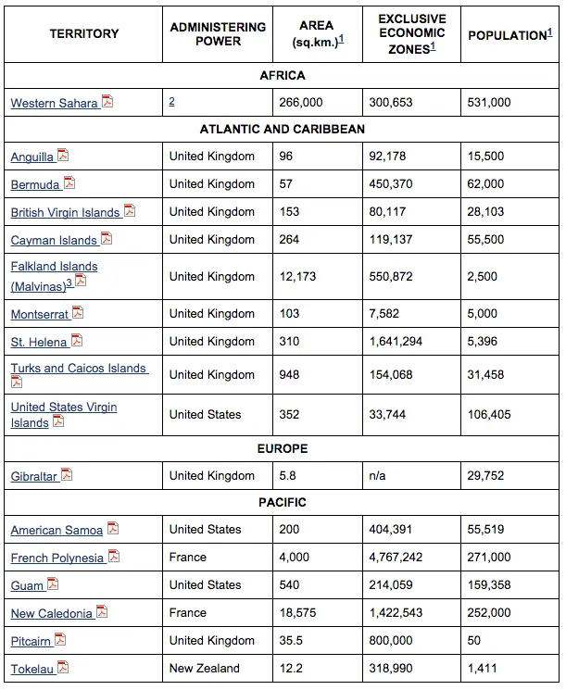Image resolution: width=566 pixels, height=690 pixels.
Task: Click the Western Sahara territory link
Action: (x=54, y=104)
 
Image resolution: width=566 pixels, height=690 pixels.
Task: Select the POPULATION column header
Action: (x=509, y=35)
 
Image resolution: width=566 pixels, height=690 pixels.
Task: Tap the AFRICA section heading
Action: (x=282, y=75)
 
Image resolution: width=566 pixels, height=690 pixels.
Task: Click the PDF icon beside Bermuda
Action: (x=69, y=183)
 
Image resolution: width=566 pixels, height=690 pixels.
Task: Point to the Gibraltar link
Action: (x=34, y=476)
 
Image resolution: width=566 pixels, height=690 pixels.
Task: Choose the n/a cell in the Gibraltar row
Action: (x=378, y=475)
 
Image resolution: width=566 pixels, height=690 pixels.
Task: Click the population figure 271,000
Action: (x=489, y=558)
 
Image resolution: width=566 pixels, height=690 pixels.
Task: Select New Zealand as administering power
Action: (x=204, y=668)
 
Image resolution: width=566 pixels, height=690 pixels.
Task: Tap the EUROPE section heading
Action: (x=282, y=448)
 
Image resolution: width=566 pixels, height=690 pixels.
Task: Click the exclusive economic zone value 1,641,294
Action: (x=396, y=341)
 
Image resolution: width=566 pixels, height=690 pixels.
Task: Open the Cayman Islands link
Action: (x=54, y=241)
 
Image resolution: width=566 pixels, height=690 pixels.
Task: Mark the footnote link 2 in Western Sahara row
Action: (x=172, y=102)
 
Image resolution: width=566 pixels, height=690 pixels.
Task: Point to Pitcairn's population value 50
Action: (x=474, y=640)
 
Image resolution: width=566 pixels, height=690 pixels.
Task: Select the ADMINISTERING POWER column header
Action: (x=218, y=34)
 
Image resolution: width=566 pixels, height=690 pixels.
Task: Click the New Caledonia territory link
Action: (x=52, y=613)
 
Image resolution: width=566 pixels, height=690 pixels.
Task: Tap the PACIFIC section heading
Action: (x=282, y=502)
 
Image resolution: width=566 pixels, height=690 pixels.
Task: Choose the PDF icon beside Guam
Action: (x=53, y=584)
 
